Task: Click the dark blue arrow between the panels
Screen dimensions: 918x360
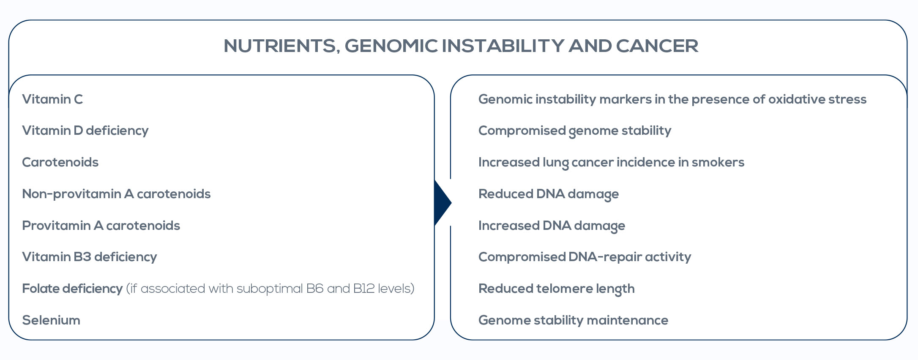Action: coord(443,203)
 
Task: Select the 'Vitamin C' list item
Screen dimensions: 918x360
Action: coord(52,99)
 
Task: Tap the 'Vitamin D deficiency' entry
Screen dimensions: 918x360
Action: coord(85,131)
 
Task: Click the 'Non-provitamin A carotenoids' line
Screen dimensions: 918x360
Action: coord(116,194)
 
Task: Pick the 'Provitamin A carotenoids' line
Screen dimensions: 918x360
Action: coord(101,226)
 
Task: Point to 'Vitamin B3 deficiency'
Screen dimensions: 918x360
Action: coord(90,257)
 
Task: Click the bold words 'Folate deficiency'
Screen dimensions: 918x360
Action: coord(72,289)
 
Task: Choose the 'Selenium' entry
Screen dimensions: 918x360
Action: coord(51,320)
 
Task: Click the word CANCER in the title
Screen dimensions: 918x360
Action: coord(657,46)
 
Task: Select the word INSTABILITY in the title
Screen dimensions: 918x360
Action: coord(503,46)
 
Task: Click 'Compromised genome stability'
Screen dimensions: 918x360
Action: coord(575,131)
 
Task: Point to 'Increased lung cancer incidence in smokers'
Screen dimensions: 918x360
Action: coord(611,163)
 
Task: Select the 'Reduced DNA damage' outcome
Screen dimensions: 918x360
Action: coord(549,194)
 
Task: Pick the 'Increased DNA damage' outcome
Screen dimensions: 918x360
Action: coord(552,226)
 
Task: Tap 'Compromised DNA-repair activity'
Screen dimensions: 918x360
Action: coord(585,257)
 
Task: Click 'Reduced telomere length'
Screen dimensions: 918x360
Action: coord(557,289)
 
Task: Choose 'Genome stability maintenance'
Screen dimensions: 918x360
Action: coord(573,320)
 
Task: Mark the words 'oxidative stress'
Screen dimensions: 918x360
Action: coord(817,99)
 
